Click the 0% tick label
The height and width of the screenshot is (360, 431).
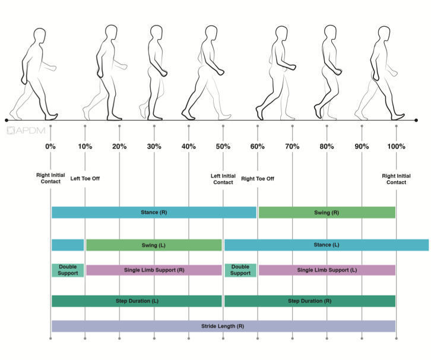coord(50,147)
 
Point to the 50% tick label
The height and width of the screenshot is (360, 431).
coord(223,147)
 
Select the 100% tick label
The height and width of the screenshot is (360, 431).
coord(395,147)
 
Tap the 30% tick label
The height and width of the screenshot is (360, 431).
coord(154,147)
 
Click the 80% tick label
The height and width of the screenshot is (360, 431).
coord(327,147)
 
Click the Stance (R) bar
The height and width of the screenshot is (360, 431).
coord(154,213)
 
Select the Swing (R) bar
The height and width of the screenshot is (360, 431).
coord(327,213)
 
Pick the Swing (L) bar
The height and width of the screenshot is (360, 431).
coord(154,245)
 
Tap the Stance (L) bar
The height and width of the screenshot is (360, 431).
coord(326,245)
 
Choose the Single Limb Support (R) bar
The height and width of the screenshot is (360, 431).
coord(154,270)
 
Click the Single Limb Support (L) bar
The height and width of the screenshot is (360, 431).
coord(327,270)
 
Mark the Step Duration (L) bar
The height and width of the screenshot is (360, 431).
coord(137,301)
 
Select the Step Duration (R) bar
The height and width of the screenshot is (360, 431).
coord(309,301)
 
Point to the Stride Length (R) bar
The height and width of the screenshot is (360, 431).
coord(223,326)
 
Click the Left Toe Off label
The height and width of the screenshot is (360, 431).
coord(85,178)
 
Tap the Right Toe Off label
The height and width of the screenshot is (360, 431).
coord(258,178)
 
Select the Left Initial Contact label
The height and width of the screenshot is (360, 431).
coord(223,179)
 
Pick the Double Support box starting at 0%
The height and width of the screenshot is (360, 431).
coord(68,270)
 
